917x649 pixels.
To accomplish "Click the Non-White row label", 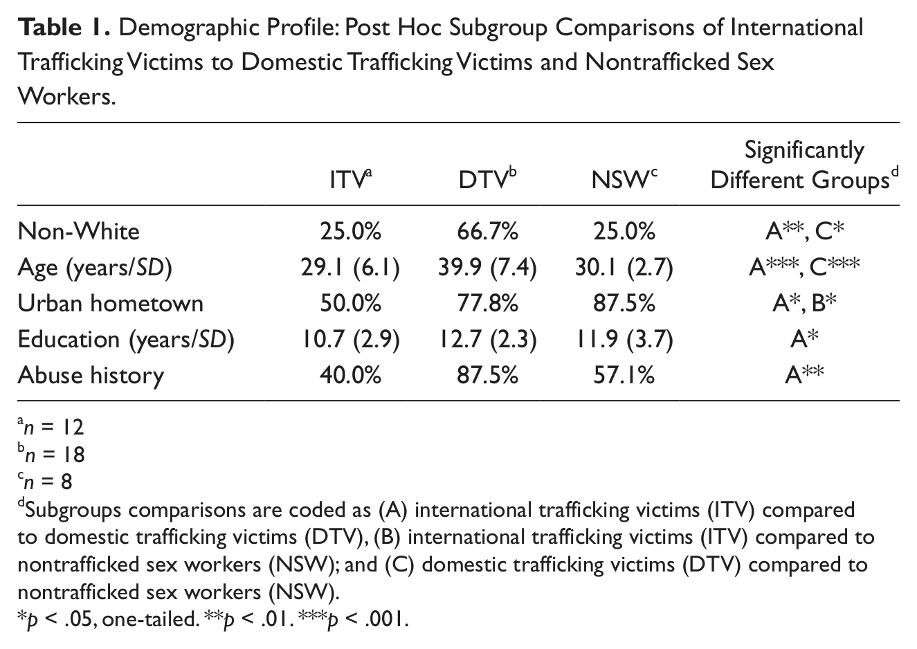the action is pyautogui.click(x=79, y=231).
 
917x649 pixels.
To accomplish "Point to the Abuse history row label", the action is pyautogui.click(x=91, y=375).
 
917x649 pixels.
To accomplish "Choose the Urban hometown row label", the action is pyautogui.click(x=111, y=303).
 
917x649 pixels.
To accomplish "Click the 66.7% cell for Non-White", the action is pyautogui.click(x=487, y=231).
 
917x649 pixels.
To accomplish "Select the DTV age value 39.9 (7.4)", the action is pyautogui.click(x=487, y=268).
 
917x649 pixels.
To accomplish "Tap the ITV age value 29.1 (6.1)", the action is pyautogui.click(x=350, y=268).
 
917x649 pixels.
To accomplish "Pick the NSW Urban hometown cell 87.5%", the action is pyautogui.click(x=624, y=303).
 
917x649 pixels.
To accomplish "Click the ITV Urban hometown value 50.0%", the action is pyautogui.click(x=350, y=303).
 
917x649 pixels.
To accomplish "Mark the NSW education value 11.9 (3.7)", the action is pyautogui.click(x=624, y=340).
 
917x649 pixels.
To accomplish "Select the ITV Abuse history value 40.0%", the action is pyautogui.click(x=350, y=375).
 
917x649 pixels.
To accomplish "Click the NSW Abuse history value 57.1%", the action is pyautogui.click(x=624, y=375).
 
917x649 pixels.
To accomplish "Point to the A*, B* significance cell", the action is pyautogui.click(x=804, y=303).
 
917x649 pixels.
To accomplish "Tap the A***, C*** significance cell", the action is pyautogui.click(x=804, y=267).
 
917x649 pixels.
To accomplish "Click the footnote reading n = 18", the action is pyautogui.click(x=51, y=454).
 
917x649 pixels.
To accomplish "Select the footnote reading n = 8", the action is pyautogui.click(x=45, y=482).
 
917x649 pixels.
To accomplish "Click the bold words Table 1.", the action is pyautogui.click(x=64, y=28).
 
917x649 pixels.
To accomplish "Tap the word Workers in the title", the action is pyautogui.click(x=66, y=97).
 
